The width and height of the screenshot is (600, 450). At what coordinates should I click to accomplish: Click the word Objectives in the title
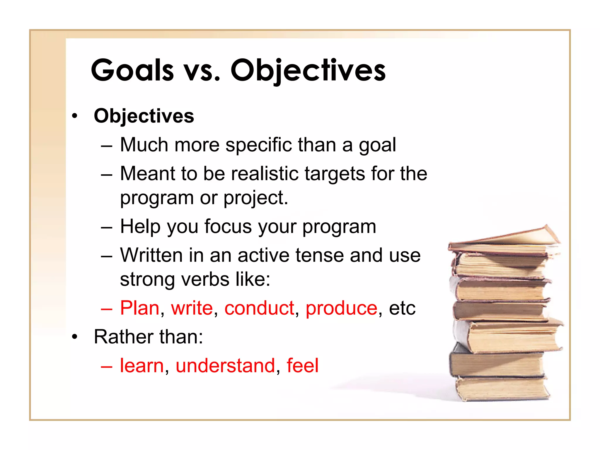[308, 70]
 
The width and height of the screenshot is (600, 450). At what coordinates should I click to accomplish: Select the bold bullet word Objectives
[144, 116]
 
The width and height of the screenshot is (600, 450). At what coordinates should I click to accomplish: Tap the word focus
[228, 226]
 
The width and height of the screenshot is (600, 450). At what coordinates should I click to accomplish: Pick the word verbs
[205, 279]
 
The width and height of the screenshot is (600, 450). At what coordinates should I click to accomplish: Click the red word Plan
[139, 308]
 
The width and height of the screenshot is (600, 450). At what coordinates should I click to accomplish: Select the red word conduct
[259, 308]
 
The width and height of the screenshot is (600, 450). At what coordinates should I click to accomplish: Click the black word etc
[402, 308]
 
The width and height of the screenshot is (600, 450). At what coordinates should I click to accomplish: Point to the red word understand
[225, 366]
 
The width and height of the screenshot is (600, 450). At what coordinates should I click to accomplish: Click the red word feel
[302, 365]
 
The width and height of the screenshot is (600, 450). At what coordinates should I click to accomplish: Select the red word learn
[142, 366]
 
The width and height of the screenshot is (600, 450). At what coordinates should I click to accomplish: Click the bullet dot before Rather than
[75, 337]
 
